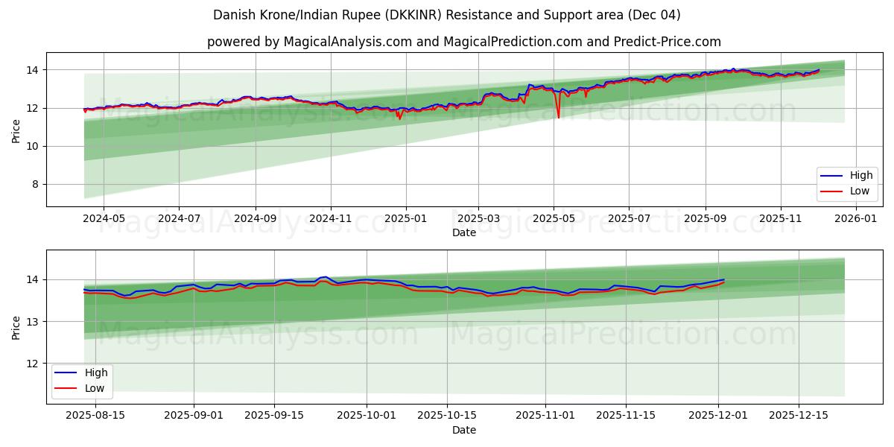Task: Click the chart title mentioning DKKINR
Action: pos(446,15)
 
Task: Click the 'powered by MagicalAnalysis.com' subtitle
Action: pos(463,42)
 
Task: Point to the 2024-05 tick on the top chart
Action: pos(103,219)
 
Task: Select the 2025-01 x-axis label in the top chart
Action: pos(405,219)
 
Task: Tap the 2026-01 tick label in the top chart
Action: pos(856,219)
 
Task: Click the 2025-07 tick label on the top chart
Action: pos(628,219)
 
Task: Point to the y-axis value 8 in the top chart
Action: pos(34,185)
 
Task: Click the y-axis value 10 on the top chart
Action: pos(31,147)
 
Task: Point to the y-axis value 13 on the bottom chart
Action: pos(31,322)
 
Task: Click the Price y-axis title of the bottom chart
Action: pos(16,326)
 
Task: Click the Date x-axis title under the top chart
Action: pos(463,232)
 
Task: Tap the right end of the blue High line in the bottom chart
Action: pos(723,279)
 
